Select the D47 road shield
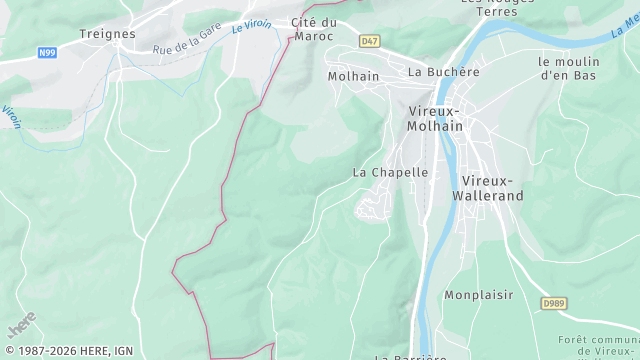(x=370, y=41)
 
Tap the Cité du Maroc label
(x=313, y=29)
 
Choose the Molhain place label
(x=353, y=76)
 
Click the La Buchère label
(x=444, y=72)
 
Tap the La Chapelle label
(x=390, y=172)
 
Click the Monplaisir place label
(x=479, y=295)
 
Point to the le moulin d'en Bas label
(x=567, y=67)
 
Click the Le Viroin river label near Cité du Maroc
(x=252, y=24)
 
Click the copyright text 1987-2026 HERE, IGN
(x=67, y=351)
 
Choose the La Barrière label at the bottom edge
(x=410, y=356)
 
